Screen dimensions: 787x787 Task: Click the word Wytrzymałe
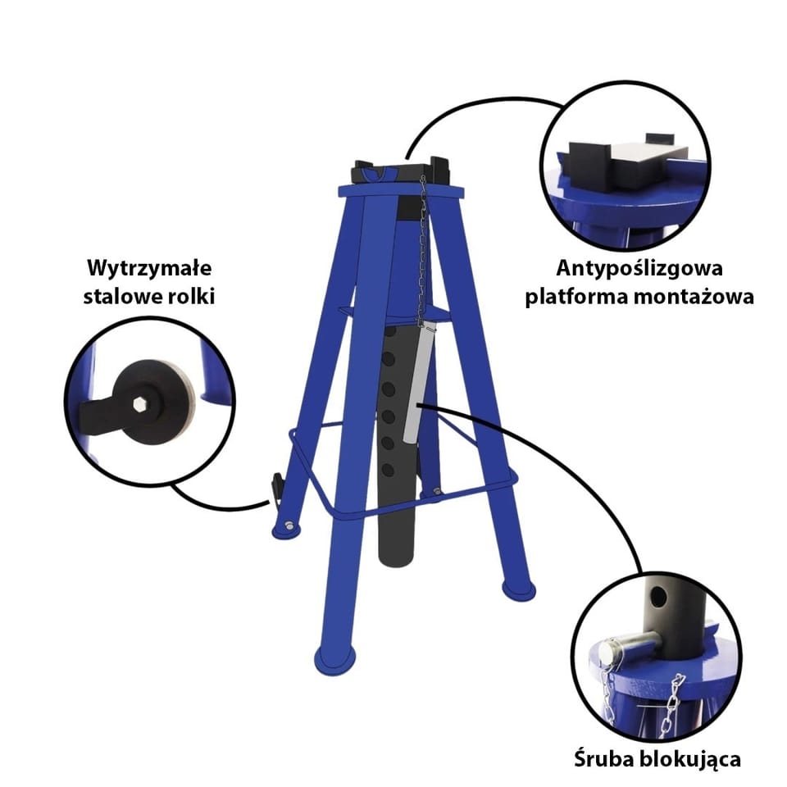(x=149, y=269)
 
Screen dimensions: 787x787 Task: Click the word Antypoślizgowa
(x=639, y=269)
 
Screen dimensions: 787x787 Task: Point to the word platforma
(x=576, y=297)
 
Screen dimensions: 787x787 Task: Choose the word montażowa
(x=694, y=296)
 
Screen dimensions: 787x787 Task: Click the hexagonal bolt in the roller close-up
(x=139, y=404)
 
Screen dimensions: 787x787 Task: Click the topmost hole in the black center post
(x=390, y=332)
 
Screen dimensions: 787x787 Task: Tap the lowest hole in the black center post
(x=388, y=471)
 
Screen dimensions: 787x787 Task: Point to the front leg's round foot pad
(x=334, y=659)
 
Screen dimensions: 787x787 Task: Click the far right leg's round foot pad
(x=518, y=589)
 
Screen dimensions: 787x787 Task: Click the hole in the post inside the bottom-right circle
(x=658, y=597)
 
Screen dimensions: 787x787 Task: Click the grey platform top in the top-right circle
(x=648, y=152)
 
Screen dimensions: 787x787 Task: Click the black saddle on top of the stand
(x=402, y=171)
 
